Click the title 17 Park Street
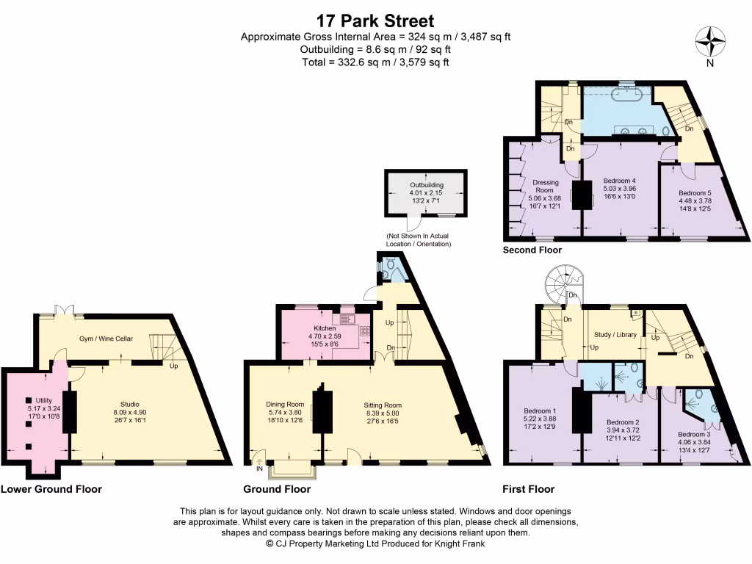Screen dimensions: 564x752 (375, 21)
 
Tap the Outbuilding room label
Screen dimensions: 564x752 (427, 184)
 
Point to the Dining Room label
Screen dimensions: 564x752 (285, 404)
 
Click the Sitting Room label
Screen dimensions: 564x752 (383, 404)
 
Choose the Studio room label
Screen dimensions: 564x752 (130, 403)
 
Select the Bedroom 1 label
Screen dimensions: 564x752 (540, 411)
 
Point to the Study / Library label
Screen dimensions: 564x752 (615, 334)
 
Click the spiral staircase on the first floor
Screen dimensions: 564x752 (563, 283)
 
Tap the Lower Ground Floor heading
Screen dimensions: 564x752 (51, 489)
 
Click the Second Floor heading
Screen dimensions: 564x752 (532, 250)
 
